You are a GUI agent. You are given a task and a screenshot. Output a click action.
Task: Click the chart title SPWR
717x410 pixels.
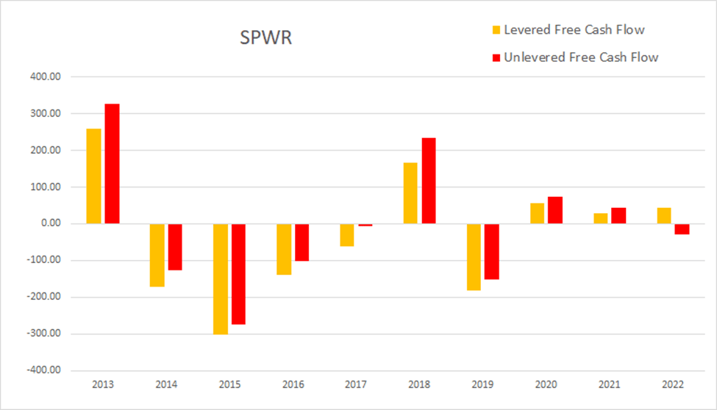tap(265, 38)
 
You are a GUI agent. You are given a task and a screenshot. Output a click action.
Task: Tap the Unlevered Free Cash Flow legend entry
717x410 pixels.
tap(574, 57)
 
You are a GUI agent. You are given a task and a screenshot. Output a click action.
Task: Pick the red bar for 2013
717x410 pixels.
tap(112, 164)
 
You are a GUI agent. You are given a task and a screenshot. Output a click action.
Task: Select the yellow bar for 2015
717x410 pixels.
tap(220, 278)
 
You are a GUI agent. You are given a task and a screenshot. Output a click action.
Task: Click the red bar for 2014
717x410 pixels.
tap(175, 247)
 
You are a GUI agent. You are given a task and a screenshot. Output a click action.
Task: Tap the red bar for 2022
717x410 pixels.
tap(682, 229)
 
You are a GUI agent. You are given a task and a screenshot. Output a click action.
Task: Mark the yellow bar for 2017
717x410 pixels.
tap(346, 234)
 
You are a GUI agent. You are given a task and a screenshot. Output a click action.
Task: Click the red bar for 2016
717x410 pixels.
tap(302, 242)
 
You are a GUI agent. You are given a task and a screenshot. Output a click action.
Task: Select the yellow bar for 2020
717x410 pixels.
tap(537, 213)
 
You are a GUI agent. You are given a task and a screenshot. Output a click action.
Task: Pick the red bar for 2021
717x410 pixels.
tap(618, 215)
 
